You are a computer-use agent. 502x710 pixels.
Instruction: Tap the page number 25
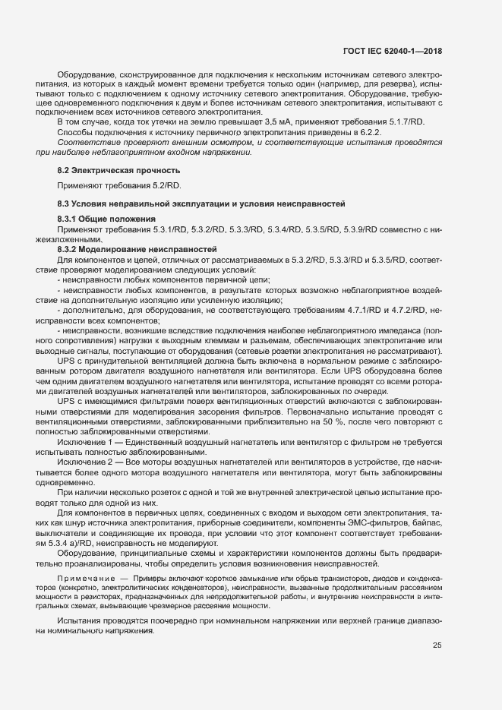(437, 645)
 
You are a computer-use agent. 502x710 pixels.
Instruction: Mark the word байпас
(422, 525)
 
